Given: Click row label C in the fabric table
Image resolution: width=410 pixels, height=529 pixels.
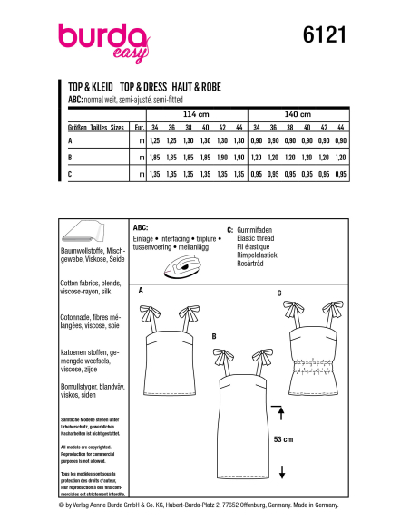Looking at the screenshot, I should (71, 171).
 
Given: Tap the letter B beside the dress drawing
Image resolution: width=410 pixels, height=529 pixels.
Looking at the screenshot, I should (214, 336).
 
